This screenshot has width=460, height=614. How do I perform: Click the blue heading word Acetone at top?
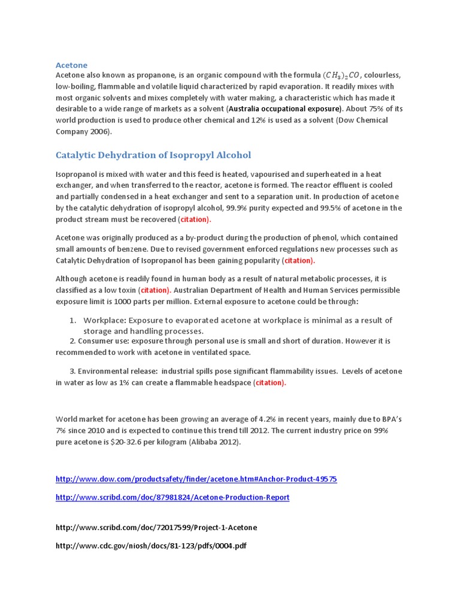[x=71, y=65]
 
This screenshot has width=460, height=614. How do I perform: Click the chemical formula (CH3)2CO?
[x=341, y=76]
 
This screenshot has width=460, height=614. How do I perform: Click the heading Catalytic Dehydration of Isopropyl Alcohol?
[x=153, y=155]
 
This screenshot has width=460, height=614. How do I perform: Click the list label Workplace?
[x=105, y=320]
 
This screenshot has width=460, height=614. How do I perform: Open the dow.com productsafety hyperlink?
[x=196, y=479]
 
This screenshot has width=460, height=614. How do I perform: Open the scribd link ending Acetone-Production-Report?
[x=172, y=497]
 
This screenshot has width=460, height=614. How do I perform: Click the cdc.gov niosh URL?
[x=151, y=546]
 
